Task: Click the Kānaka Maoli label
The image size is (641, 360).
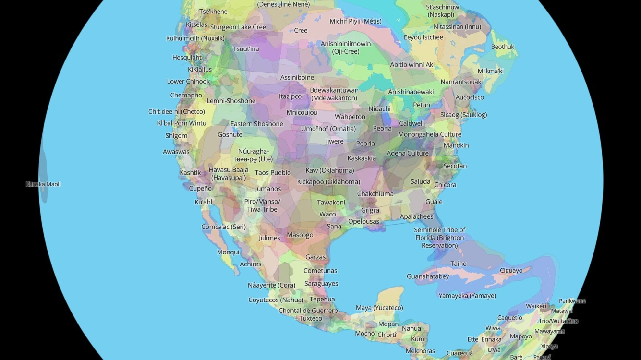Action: click(x=43, y=184)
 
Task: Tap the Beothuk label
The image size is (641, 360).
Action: click(x=502, y=47)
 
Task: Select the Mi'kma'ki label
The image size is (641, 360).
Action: click(x=490, y=71)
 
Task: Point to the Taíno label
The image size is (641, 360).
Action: click(x=458, y=264)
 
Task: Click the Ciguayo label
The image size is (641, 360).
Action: click(x=511, y=271)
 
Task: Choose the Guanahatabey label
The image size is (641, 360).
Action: click(x=427, y=276)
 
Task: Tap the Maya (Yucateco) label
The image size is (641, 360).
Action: click(x=379, y=308)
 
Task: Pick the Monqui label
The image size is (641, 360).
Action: click(x=228, y=252)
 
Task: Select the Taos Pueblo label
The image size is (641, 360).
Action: click(x=273, y=173)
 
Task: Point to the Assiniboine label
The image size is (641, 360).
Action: click(x=297, y=77)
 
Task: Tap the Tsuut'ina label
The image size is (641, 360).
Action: click(x=245, y=49)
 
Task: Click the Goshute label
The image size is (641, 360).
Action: click(x=230, y=135)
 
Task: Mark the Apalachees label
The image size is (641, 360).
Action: click(x=416, y=216)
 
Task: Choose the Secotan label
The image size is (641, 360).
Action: click(x=455, y=166)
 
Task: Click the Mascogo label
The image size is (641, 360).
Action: click(x=300, y=235)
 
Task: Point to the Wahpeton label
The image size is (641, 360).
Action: click(x=350, y=117)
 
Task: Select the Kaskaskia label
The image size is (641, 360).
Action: click(x=361, y=158)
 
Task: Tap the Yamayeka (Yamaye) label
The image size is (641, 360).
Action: click(x=467, y=296)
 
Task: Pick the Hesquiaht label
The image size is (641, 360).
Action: click(x=187, y=58)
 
